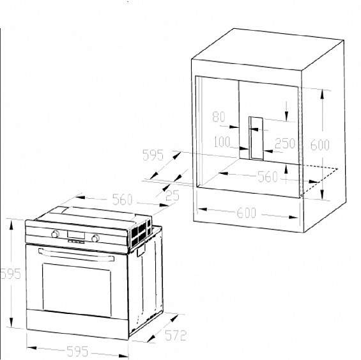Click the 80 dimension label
[x=219, y=116]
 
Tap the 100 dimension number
[x=222, y=142]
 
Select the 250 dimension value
[x=285, y=143]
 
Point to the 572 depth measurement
[x=176, y=335]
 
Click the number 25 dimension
[x=173, y=196]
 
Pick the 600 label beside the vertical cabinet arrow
[x=320, y=145]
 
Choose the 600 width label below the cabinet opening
[x=247, y=213]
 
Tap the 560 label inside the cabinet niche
[x=268, y=177]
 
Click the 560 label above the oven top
[x=123, y=200]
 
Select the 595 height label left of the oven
[x=11, y=274]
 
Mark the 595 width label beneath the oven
[x=77, y=352]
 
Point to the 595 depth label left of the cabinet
[x=153, y=155]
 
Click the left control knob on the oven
[x=55, y=234]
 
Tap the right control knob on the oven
[x=95, y=238]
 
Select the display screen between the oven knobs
[x=76, y=235]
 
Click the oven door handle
[x=76, y=255]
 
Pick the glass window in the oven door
[x=77, y=290]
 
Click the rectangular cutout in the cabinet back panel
[x=256, y=138]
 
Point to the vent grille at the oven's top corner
[x=141, y=232]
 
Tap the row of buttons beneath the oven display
[x=76, y=242]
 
